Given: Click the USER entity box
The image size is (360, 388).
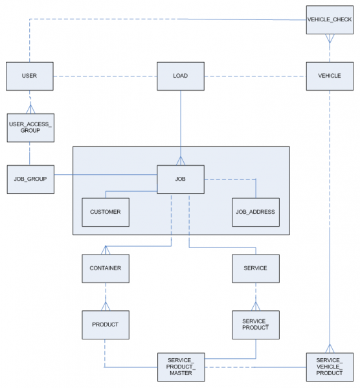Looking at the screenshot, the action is coord(30,76).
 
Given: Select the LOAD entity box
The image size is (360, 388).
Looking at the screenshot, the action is coord(181,76).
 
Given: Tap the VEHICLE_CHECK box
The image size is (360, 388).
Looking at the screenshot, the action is coord(330,20).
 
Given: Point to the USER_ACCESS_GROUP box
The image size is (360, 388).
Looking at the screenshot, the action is coord(30,128).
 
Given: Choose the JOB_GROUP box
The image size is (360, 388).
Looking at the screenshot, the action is coord(30,179).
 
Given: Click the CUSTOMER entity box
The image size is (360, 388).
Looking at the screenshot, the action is coord(106,212).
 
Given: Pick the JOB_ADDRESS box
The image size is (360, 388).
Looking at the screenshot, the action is coord(256,212).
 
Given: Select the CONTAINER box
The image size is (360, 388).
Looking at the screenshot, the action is coord(106,268).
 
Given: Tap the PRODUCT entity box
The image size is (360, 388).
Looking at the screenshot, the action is coord(106,325).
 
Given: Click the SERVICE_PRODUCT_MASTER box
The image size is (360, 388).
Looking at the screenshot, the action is coord(181,367).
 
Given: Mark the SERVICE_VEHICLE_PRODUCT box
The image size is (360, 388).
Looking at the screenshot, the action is coord(330,367).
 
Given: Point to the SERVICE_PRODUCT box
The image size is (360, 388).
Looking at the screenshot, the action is coord(256,325).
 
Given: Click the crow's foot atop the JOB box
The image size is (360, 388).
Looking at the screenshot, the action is coord(181,161).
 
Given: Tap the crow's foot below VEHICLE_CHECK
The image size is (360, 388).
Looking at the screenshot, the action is coord(330,38).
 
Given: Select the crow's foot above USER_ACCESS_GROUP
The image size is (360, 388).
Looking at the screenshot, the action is coord(30,109).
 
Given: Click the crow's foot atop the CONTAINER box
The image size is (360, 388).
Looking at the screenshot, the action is coord(106,250).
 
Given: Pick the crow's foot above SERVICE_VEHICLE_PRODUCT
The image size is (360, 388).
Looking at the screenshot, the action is coord(330,348).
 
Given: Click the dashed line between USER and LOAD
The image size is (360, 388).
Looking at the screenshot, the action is coord(105,76).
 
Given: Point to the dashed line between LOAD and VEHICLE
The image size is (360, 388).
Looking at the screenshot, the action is coord(255,76).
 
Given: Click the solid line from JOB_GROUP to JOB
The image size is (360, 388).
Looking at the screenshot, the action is coord(106,175).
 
